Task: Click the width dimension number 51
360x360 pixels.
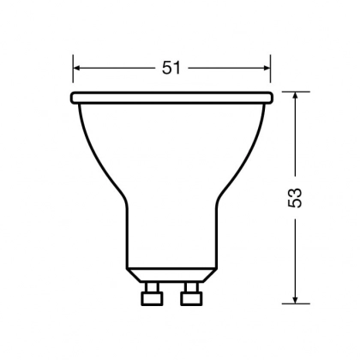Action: [x=172, y=68]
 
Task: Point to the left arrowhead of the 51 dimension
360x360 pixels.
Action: [x=78, y=68]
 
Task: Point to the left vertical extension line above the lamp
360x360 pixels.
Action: [x=74, y=73]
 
